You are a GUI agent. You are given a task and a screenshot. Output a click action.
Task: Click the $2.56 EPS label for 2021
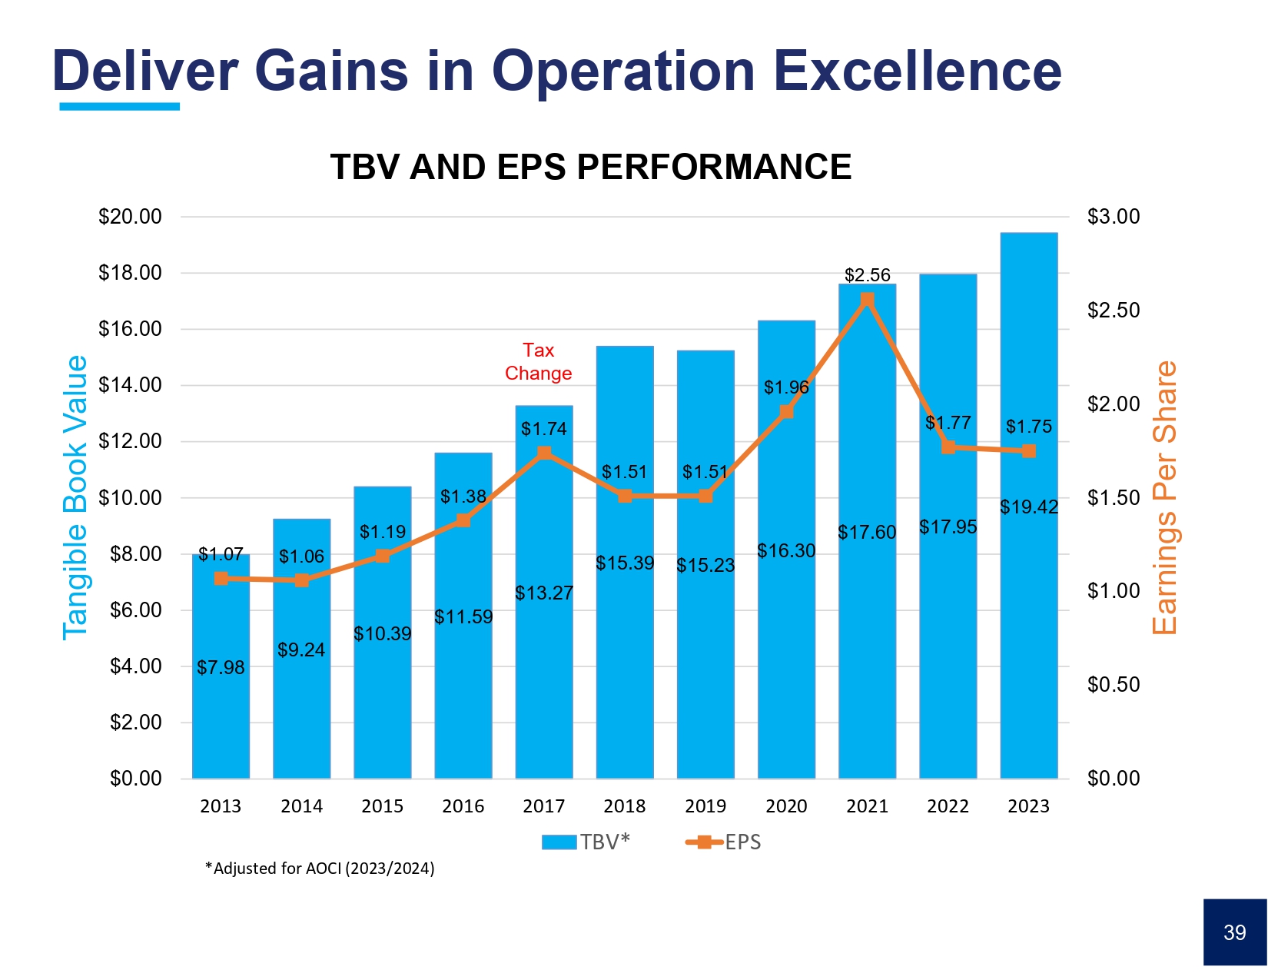867,275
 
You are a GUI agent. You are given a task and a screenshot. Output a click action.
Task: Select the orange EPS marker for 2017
544,453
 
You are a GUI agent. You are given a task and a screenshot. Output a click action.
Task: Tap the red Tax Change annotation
538,362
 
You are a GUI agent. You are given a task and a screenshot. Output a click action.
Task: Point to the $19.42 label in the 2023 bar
1028,507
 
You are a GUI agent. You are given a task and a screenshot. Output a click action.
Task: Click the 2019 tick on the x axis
705,806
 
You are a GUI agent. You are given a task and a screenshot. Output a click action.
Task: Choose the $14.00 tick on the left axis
130,385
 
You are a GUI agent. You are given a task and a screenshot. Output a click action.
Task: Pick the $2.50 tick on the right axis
1114,311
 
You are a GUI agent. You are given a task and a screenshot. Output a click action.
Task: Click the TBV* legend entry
586,842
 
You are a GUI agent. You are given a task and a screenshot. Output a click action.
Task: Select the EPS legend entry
723,842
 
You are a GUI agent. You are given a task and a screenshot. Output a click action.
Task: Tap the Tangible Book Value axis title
75,497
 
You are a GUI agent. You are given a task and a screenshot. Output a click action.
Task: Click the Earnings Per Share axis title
1165,497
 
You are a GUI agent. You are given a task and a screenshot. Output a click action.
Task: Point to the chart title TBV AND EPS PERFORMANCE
590,167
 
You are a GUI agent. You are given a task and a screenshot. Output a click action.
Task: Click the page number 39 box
1234,932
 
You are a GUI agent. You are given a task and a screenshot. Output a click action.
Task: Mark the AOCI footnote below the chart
320,869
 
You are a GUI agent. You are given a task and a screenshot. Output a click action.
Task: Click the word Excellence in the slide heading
918,71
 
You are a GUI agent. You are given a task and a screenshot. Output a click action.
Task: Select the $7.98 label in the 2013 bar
221,668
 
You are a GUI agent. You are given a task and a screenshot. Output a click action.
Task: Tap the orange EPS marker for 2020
786,412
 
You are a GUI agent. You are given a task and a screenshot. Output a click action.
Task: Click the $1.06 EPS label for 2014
301,556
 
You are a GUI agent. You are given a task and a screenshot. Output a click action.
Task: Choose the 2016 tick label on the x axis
463,806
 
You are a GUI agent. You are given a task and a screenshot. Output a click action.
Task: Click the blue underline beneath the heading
119,107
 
